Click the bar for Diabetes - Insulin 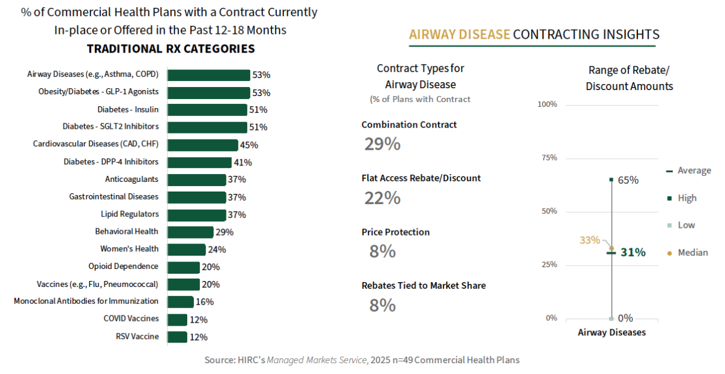pyautogui.click(x=207, y=110)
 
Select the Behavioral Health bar pyautogui.click(x=190, y=232)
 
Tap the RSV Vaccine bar pyautogui.click(x=177, y=337)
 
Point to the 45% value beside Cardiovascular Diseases pyautogui.click(x=249, y=145)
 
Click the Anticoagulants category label pyautogui.click(x=132, y=179)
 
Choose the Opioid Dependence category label pyautogui.click(x=123, y=266)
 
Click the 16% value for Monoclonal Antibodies pyautogui.click(x=205, y=301)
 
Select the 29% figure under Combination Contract pyautogui.click(x=382, y=144)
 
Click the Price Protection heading pyautogui.click(x=396, y=232)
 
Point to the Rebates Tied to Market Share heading pyautogui.click(x=424, y=286)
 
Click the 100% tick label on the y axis pyautogui.click(x=547, y=105)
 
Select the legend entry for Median pyautogui.click(x=692, y=253)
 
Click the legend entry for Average pyautogui.click(x=694, y=171)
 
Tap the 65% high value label pyautogui.click(x=628, y=180)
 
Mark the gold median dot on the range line pyautogui.click(x=611, y=248)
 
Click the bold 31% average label pyautogui.click(x=633, y=253)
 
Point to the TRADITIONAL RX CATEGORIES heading pyautogui.click(x=171, y=49)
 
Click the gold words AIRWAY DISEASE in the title pyautogui.click(x=459, y=34)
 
